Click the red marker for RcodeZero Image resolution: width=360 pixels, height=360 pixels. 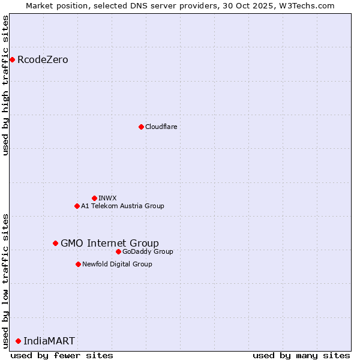click(12, 59)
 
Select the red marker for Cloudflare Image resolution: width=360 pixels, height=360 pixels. click(141, 127)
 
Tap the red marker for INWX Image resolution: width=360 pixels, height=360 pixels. click(94, 198)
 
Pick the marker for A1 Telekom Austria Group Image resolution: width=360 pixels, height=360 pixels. click(77, 206)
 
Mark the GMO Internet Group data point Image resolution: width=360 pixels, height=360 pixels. click(55, 243)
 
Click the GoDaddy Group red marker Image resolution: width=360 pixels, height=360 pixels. click(118, 251)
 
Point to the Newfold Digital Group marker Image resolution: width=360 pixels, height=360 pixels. click(78, 264)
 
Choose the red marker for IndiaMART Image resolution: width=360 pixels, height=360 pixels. click(18, 341)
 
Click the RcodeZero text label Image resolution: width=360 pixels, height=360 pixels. click(43, 59)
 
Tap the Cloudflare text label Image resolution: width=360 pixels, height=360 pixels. click(161, 127)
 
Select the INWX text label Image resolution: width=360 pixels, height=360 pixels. click(107, 198)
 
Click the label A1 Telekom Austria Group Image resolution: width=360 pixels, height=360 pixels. click(122, 206)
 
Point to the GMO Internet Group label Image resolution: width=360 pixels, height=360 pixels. click(110, 243)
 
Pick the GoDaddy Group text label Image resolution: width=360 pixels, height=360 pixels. click(148, 251)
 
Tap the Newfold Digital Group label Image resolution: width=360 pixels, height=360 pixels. click(117, 264)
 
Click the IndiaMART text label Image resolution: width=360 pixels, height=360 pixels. click(49, 341)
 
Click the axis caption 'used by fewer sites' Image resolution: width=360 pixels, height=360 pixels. click(62, 355)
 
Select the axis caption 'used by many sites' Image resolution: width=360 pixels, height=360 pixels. click(301, 355)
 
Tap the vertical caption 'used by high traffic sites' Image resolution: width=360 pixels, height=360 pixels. click(5, 86)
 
